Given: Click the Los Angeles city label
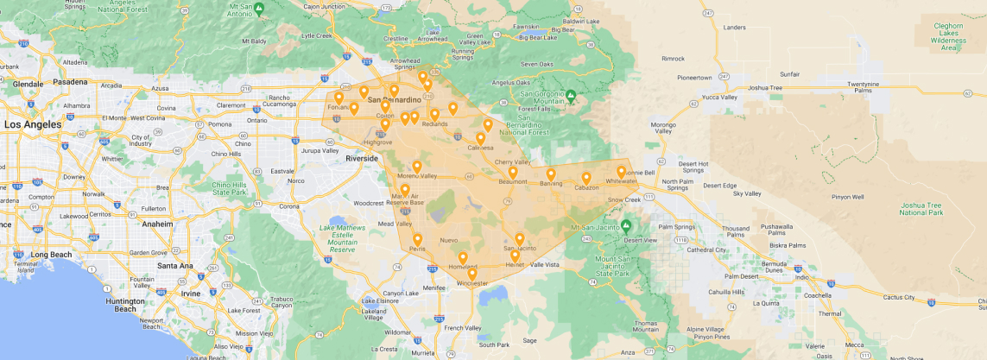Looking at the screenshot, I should pos(33,124).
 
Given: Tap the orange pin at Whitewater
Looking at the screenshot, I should pos(621,172).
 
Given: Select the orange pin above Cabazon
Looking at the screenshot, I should pos(586,179).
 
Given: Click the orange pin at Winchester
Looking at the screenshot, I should pos(471,275).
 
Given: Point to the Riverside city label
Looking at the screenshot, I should pos(361,159).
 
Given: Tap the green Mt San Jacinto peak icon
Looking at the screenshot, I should pos(626,225).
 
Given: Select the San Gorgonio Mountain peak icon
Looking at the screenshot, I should pos(571,95).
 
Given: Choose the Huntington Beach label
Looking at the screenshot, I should pos(125,305).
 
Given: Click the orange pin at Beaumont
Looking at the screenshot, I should pos(512,173).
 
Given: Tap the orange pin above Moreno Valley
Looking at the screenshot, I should pos(417,167).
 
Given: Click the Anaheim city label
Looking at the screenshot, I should pos(157,224).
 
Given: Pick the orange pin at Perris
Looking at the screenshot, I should pos(418,240).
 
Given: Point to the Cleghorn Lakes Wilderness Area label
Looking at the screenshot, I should pos(953,37).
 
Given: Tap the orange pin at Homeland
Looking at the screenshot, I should pos(463,258).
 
